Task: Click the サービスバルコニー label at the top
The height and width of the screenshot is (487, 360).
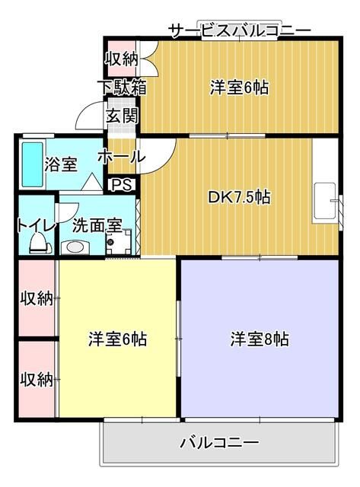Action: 239,30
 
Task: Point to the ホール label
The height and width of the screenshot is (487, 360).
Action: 121,157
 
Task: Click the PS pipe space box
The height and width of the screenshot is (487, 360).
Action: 121,184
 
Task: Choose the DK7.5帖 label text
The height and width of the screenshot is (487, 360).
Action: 240,197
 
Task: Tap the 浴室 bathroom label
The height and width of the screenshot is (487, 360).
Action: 60,164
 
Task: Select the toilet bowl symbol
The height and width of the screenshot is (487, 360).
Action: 38,242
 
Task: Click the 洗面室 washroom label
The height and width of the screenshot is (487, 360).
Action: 97,225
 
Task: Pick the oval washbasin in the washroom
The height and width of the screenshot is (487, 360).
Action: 75,247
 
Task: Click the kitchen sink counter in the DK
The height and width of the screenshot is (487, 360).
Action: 325,202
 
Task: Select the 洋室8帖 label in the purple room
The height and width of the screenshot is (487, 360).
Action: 260,339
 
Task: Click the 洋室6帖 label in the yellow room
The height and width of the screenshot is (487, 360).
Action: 118,339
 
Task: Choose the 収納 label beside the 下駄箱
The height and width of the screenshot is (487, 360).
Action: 121,59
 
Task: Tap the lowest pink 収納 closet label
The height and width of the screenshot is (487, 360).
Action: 36,378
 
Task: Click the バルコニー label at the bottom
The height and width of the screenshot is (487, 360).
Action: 220,442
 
